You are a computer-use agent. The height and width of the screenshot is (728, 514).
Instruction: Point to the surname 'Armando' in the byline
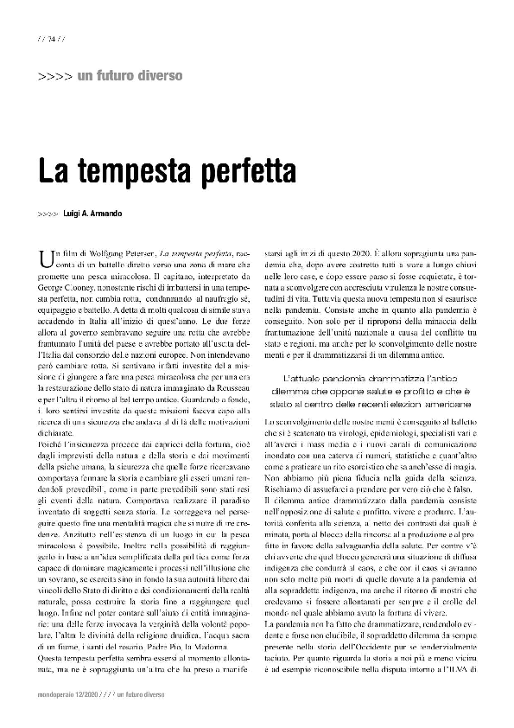pos(129,212)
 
